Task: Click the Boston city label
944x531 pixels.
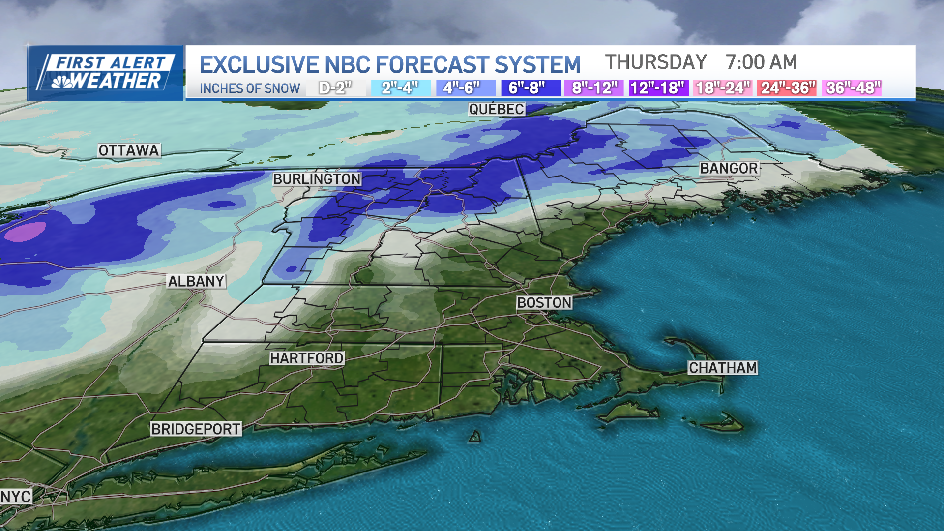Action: point(544,303)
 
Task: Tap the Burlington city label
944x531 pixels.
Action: point(317,179)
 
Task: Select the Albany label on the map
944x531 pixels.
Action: point(196,281)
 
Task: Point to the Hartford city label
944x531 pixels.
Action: point(307,358)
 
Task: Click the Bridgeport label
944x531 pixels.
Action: point(196,429)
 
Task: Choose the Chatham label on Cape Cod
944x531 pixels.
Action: point(723,368)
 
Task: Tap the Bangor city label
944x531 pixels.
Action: point(729,168)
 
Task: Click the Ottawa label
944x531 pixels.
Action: point(129,150)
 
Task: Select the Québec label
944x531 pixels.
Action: point(496,109)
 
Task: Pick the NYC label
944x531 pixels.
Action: point(16,497)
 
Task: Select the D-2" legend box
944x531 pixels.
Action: point(335,88)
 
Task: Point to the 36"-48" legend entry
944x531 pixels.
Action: point(852,88)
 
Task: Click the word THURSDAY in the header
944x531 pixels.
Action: point(655,62)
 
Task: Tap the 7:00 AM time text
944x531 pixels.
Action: point(761,62)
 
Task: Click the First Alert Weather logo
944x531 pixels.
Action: point(106,73)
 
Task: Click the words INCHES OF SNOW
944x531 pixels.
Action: point(250,88)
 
